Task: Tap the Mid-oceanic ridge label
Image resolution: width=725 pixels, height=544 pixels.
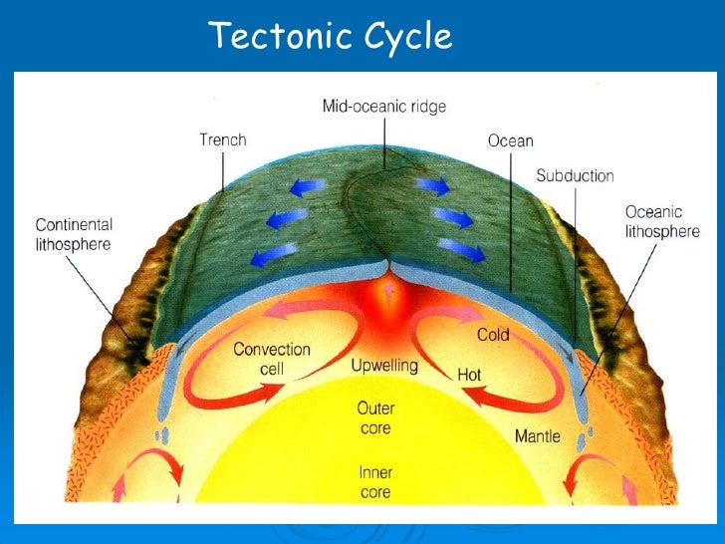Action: point(383,105)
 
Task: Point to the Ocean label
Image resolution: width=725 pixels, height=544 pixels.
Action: point(510,141)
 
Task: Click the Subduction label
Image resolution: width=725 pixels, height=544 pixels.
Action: point(575,176)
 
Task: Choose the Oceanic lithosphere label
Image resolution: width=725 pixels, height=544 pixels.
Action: point(661,221)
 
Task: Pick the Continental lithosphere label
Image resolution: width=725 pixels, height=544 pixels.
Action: point(74,234)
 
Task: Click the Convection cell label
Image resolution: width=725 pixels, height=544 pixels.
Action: point(272,359)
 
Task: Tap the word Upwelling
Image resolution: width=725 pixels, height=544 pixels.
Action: point(384,366)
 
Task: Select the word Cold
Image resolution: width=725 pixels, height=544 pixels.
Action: point(494,335)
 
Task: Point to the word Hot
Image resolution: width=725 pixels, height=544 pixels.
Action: point(469,375)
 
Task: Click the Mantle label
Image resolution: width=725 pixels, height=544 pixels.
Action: point(537,436)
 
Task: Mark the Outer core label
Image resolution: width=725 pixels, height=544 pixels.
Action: point(375,416)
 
